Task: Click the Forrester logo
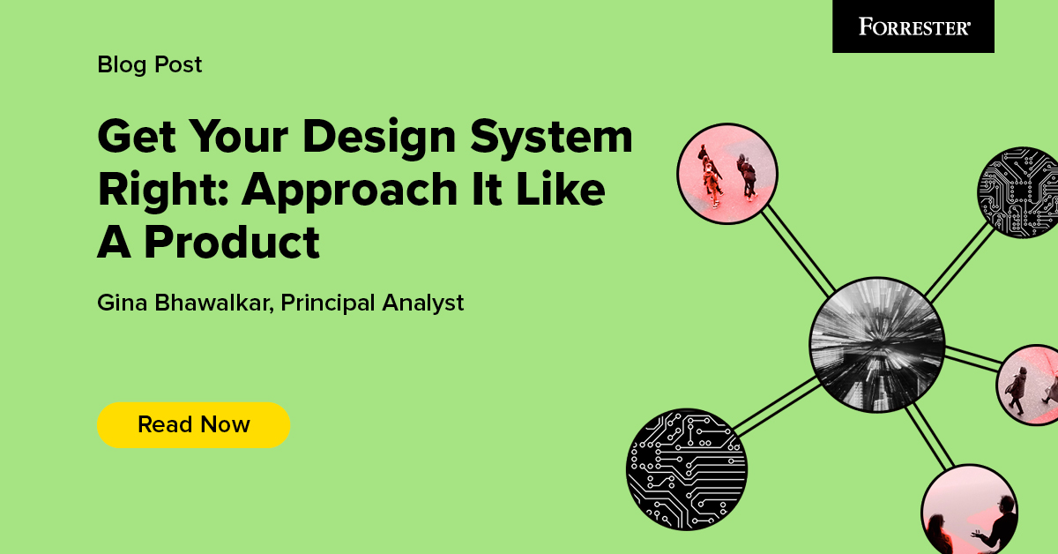tap(913, 26)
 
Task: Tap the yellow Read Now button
tap(193, 424)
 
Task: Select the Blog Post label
tap(150, 64)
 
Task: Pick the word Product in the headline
tap(232, 242)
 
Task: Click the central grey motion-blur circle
tap(877, 343)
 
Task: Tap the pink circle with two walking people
tap(727, 173)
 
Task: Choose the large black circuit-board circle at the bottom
tap(687, 468)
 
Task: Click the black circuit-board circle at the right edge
tap(1018, 191)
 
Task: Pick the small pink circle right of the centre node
tap(1030, 385)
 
